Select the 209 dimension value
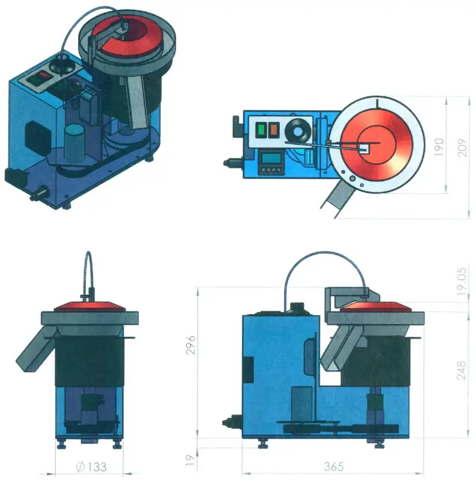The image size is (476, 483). point(463,147)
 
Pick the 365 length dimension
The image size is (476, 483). point(333,467)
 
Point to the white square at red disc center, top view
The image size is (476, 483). point(365,147)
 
